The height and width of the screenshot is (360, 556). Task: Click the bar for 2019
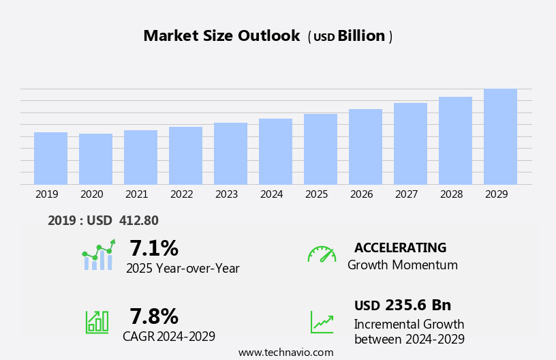point(50,158)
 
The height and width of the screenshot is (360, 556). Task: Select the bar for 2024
point(275,151)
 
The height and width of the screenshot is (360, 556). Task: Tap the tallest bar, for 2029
point(500,136)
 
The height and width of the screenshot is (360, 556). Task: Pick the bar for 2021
point(140,157)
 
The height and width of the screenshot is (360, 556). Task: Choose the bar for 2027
point(410,143)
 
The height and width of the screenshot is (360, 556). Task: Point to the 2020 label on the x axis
point(91,194)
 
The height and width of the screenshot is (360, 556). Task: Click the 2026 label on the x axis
point(361,194)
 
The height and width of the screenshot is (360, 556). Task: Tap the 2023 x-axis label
point(226,194)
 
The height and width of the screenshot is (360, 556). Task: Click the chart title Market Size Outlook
point(221,36)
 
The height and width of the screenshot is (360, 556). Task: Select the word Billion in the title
point(361,36)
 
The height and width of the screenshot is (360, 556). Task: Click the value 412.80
point(138,221)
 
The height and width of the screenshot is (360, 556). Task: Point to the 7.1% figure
point(154,248)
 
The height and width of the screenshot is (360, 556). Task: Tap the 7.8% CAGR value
point(154,316)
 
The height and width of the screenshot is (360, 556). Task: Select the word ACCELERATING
point(400,248)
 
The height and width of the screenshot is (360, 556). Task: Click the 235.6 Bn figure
point(418,305)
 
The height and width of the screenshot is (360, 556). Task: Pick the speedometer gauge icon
point(322,255)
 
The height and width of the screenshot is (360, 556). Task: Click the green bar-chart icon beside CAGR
point(97,321)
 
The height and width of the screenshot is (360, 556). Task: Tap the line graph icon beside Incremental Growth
point(322,322)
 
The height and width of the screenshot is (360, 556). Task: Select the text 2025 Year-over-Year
point(183,269)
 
